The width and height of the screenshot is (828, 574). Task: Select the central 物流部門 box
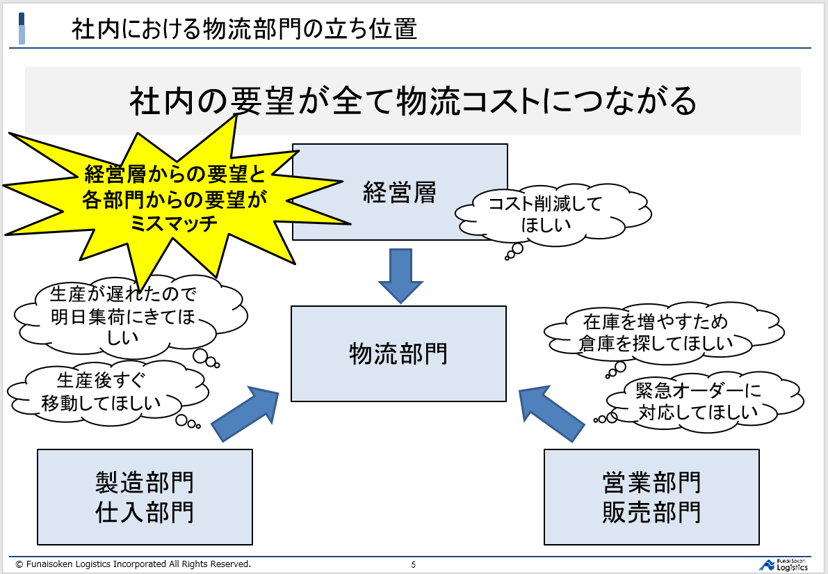coord(398,354)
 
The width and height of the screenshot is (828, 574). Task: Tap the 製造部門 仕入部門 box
coord(145,496)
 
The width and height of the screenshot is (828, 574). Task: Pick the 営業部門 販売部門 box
coord(651,496)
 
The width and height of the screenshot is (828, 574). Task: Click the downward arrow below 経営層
coord(400,275)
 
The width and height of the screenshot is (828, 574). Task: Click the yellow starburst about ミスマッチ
coord(174,198)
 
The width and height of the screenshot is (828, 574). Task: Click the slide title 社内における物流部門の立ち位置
coord(243,30)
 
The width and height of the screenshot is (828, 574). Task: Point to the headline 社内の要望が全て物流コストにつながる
coord(413,102)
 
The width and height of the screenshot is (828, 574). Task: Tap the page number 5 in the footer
coord(414,564)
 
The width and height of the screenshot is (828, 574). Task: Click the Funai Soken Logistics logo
coord(784,564)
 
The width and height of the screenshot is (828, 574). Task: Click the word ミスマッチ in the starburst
coord(174,223)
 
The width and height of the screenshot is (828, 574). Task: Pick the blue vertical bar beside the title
coord(22,29)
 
